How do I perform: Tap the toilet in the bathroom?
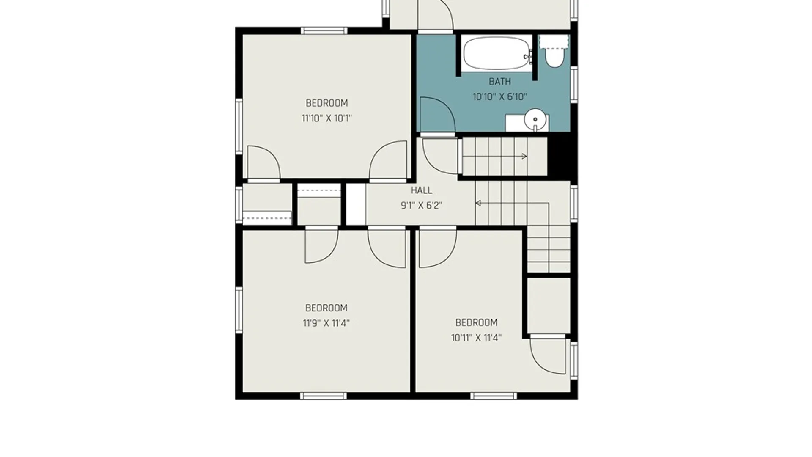click(x=554, y=52)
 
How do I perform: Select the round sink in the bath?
click(x=535, y=119)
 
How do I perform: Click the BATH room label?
click(x=500, y=81)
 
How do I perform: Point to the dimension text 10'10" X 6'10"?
click(x=500, y=97)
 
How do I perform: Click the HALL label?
click(x=422, y=190)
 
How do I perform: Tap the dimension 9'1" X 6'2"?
click(x=422, y=206)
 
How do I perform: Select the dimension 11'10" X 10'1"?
click(x=326, y=118)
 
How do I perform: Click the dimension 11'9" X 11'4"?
click(x=326, y=323)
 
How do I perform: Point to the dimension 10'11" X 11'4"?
click(x=476, y=338)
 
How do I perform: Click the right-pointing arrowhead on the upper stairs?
click(x=524, y=156)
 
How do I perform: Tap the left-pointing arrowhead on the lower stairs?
click(x=478, y=203)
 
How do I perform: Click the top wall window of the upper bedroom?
click(x=324, y=31)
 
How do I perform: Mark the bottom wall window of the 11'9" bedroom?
click(x=324, y=396)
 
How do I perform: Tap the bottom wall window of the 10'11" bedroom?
click(x=494, y=396)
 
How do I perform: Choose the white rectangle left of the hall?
click(x=356, y=204)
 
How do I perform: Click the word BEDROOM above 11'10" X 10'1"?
click(x=326, y=103)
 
